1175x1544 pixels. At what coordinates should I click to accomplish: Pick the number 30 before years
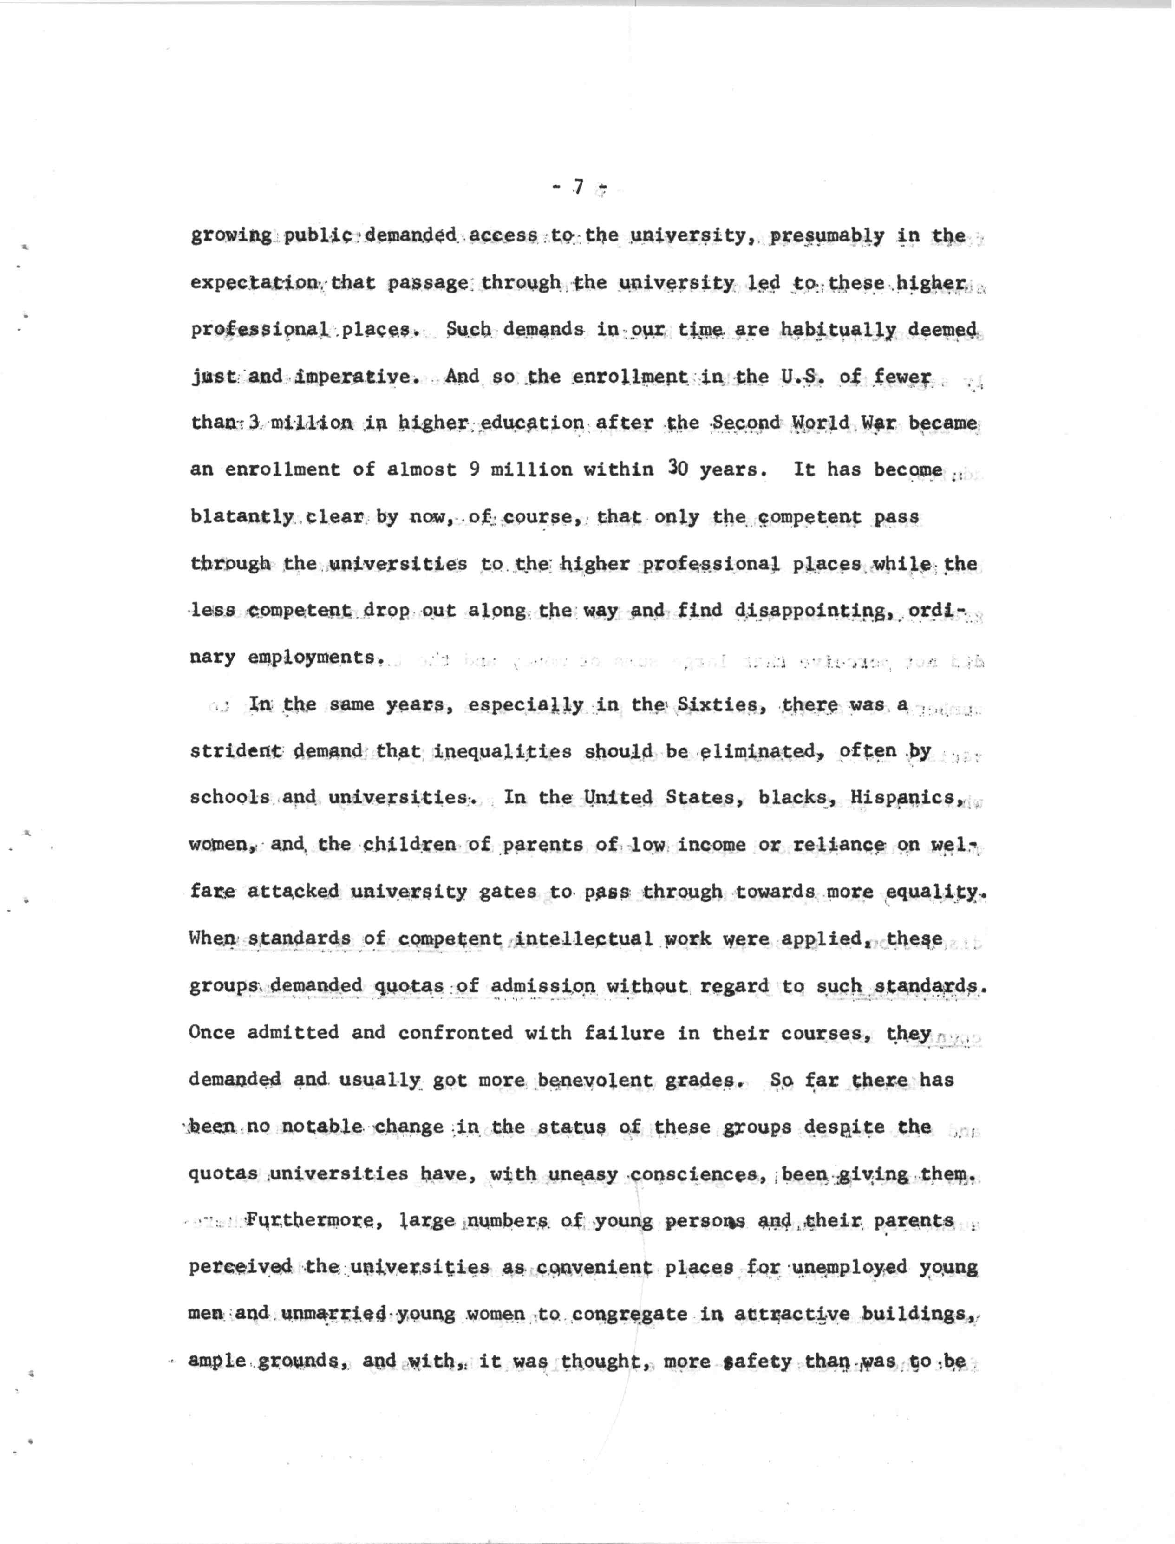(x=677, y=469)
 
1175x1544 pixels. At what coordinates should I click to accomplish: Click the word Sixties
(x=716, y=705)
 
